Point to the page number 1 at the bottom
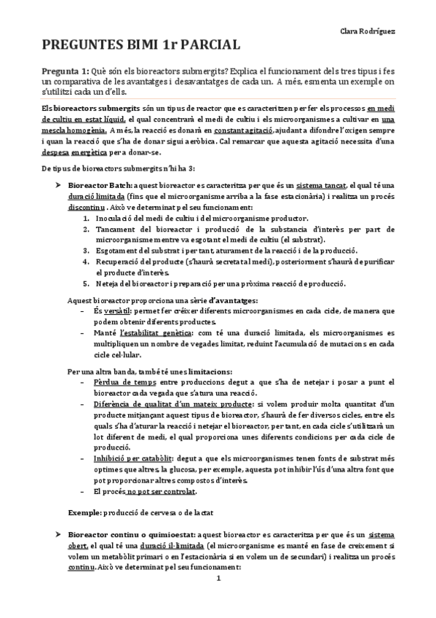point(218,601)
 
